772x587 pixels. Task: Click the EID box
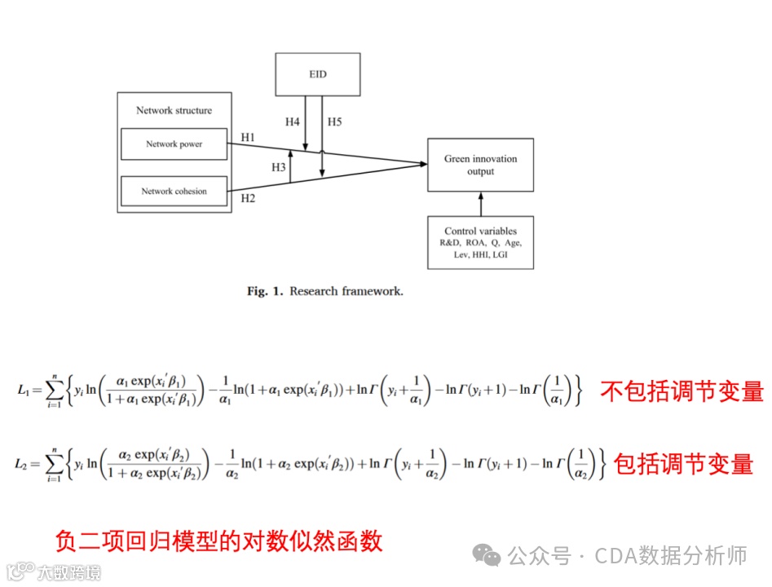tap(318, 74)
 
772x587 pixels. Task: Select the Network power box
tap(174, 144)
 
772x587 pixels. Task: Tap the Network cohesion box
tap(174, 192)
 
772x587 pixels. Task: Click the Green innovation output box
tap(480, 165)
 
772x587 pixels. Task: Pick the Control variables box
tap(480, 242)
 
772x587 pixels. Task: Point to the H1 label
tap(248, 137)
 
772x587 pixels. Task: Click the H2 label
tap(248, 196)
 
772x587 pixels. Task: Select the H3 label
tap(279, 167)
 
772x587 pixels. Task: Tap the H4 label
tap(292, 122)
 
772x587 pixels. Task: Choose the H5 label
tap(334, 122)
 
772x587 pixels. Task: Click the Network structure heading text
tap(174, 111)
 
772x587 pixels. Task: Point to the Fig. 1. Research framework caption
tap(324, 290)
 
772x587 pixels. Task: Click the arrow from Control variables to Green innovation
tap(480, 203)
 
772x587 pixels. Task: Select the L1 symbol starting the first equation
tap(22, 392)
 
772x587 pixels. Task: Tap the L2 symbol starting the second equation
tap(22, 464)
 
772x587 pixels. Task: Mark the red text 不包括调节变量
tap(682, 391)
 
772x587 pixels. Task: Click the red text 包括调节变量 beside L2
tap(682, 464)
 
